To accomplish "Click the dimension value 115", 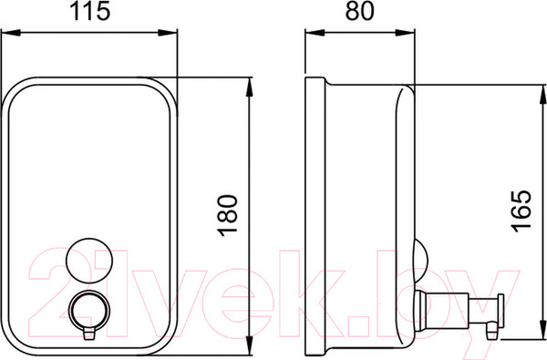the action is click(90, 11).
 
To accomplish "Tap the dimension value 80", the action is click(360, 11).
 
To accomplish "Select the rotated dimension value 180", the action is click(227, 216).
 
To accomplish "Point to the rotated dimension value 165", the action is click(521, 211).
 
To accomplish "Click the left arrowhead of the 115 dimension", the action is click(10, 33).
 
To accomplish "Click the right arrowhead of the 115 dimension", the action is click(168, 33).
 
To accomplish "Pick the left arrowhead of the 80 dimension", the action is click(315, 33).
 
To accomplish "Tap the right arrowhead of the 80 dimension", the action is click(406, 33).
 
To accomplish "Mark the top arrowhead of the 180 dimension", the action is click(249, 87).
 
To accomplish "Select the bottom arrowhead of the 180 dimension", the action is click(249, 345).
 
